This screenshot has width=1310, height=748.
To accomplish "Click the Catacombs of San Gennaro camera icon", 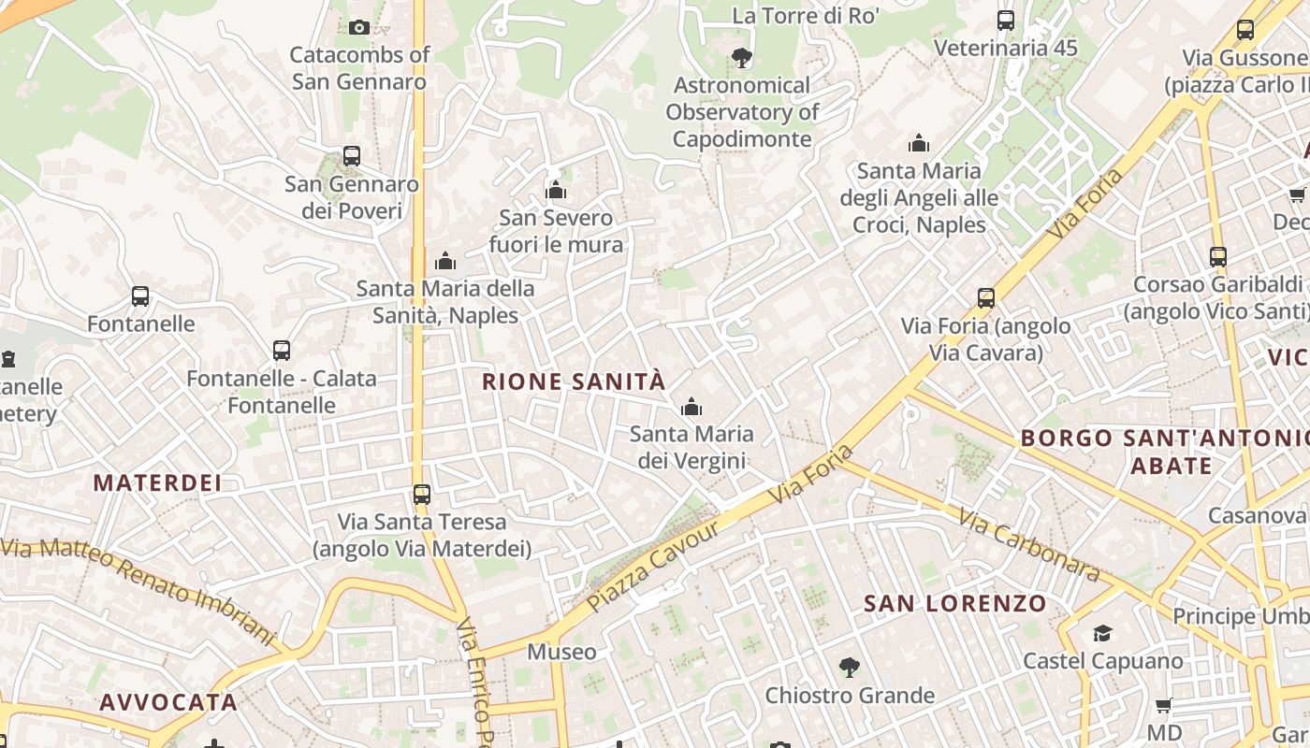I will coord(358,28).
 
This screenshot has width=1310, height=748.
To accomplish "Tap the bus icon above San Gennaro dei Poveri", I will coord(352,156).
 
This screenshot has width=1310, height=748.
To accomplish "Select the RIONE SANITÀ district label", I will coord(574,381).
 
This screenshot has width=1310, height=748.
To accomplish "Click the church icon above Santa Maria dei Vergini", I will coord(691,407).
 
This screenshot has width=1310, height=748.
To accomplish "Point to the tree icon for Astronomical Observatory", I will coord(741,58).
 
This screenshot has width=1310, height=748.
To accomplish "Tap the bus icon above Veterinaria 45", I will coord(1006,21).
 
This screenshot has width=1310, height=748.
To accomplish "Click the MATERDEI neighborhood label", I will coord(157,483).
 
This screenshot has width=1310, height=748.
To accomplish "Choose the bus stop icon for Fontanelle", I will coord(140,296).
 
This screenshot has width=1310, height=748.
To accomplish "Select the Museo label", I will coord(561,652).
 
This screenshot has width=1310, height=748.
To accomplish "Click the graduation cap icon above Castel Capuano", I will coord(1102,634).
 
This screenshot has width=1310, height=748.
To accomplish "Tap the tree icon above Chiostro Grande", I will coord(849,668).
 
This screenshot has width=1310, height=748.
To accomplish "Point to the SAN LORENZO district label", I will coord(954,604).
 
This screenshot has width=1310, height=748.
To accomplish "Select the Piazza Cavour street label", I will coord(654,567).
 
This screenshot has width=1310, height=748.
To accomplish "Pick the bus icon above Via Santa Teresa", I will coord(422,494).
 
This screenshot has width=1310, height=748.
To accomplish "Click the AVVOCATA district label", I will coord(168,702).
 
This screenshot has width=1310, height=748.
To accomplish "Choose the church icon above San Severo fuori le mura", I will coord(556,191).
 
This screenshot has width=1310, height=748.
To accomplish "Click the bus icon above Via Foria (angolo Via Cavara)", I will coord(985,298).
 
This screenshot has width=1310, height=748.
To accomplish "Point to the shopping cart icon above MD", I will coord(1163,705).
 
